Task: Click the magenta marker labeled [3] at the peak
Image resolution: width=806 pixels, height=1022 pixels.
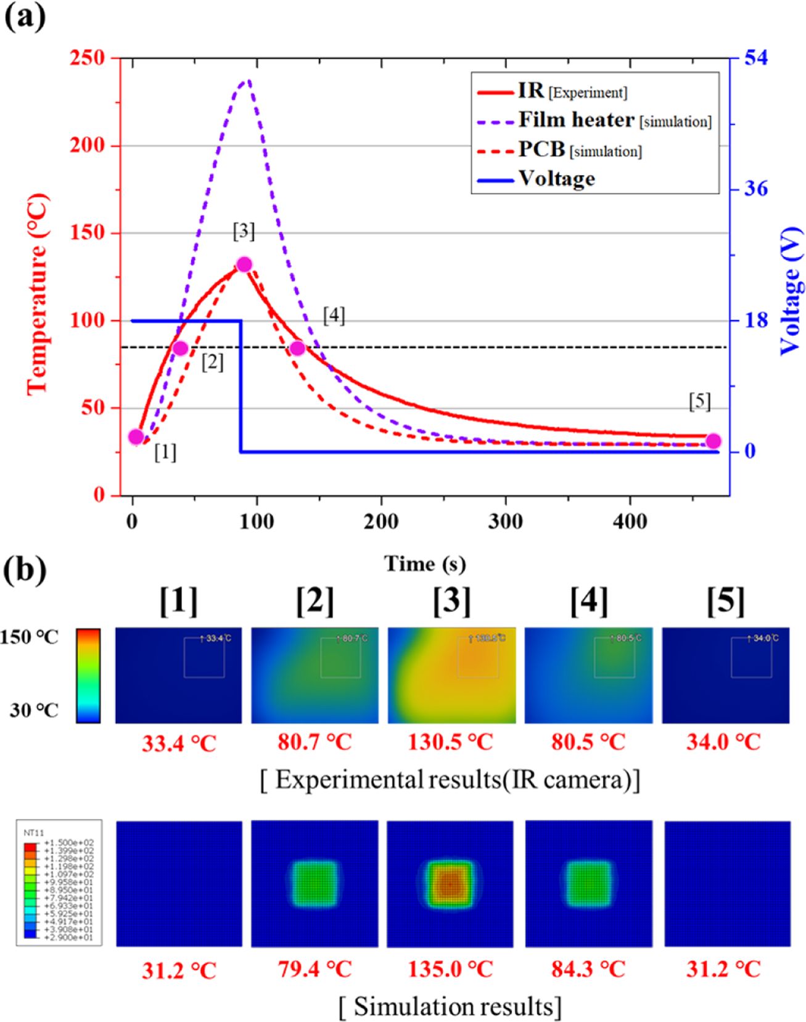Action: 244,264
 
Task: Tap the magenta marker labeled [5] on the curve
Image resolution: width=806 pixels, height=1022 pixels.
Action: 713,441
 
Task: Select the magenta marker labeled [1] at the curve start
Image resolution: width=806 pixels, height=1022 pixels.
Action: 136,437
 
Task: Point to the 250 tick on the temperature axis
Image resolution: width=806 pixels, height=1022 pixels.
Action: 88,59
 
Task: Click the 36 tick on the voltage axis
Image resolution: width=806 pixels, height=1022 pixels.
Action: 756,189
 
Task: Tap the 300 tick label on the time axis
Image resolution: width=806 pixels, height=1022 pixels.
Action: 506,522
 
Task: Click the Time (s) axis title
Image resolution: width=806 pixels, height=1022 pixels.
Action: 425,563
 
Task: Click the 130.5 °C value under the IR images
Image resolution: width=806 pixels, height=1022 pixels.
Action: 451,742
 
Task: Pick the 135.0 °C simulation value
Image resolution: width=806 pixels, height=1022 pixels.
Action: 451,969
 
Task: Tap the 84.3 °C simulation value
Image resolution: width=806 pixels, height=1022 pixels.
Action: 588,969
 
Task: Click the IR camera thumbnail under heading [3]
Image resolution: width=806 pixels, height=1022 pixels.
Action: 451,675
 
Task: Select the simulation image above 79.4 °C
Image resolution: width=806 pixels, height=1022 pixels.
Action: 315,883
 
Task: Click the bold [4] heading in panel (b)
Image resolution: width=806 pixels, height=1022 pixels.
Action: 588,601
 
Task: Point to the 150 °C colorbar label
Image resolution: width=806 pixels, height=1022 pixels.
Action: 34,637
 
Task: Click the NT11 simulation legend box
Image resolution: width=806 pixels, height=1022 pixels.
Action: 59,883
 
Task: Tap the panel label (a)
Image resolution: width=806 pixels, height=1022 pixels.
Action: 25,17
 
